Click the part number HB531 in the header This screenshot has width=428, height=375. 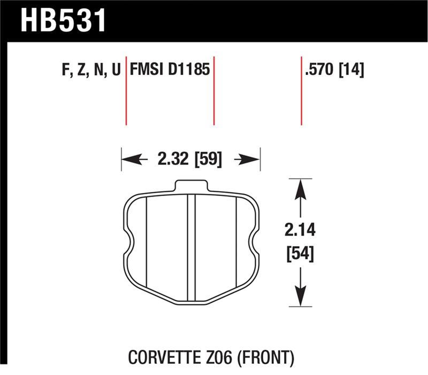(x=64, y=20)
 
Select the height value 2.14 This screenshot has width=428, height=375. (x=300, y=231)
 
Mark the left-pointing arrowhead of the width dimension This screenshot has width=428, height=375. (x=131, y=159)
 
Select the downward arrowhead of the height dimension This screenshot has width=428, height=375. (x=301, y=296)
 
